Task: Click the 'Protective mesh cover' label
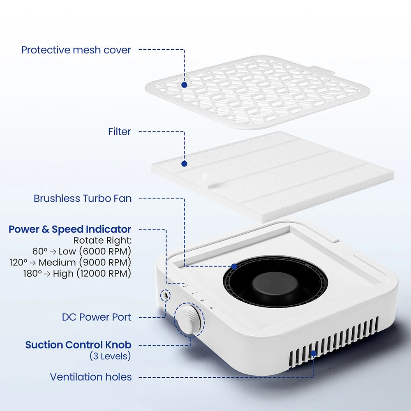coord(76,50)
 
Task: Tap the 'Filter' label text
coord(120,132)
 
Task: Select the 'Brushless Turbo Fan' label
coord(83,199)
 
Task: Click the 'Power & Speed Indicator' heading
coord(70,229)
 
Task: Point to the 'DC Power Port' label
coord(97,317)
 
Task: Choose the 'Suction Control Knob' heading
coord(78,345)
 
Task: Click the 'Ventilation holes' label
coord(91,377)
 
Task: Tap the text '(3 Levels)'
coord(110,356)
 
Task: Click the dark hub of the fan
coord(275,286)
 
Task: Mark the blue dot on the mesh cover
coord(184,85)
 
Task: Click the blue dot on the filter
coord(184,164)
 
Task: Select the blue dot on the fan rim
coord(234,267)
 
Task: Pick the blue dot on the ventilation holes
coord(314,353)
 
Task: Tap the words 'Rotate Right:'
coord(102,240)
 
